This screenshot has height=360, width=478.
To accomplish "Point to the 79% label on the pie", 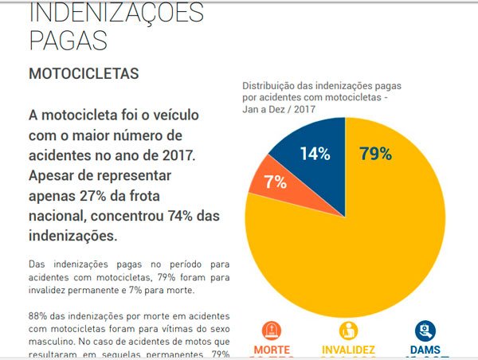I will tap(375, 154).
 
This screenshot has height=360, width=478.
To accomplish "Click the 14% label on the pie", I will tap(315, 154).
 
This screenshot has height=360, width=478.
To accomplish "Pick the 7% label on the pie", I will tap(276, 182).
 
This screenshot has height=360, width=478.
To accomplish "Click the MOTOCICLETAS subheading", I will tap(84, 73).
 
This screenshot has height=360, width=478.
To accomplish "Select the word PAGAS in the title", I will tap(68, 40).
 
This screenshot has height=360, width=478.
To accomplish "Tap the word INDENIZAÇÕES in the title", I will tap(116, 11).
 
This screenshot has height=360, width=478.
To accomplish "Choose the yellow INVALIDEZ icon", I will tap(348, 330).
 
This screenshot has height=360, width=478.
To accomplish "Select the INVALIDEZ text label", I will tap(348, 350).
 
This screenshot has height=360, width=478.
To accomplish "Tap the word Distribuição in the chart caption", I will tap(272, 85).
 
